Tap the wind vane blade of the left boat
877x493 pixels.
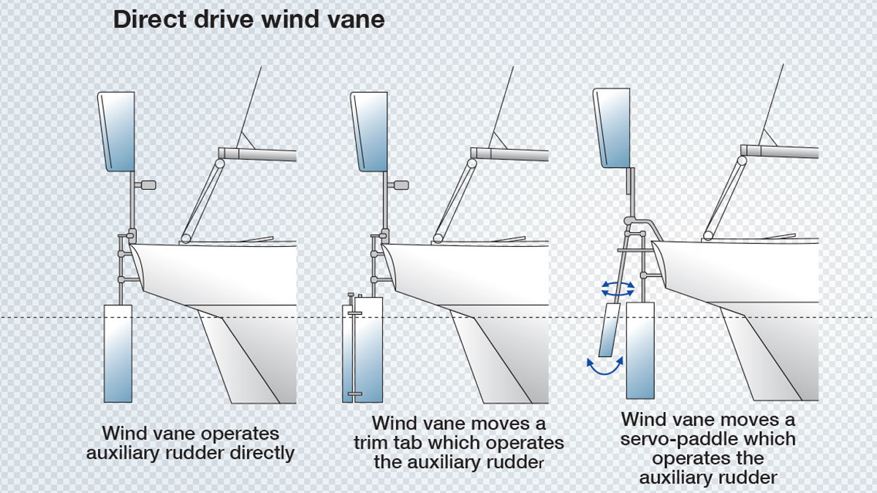coord(118,131)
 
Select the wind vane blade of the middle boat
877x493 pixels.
coord(370,131)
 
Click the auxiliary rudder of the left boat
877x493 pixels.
coord(118,354)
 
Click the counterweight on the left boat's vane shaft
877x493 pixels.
coord(148,185)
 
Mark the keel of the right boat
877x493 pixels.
coord(760,358)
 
